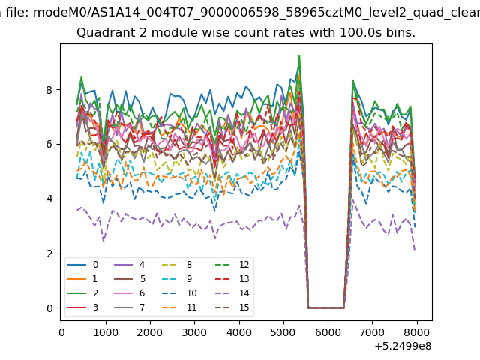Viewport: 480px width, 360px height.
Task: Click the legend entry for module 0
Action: pyautogui.click(x=82, y=265)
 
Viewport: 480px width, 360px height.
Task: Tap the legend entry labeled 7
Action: pyautogui.click(x=129, y=307)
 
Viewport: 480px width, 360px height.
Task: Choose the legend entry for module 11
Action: pyautogui.click(x=179, y=307)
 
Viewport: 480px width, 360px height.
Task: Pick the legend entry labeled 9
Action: pyautogui.click(x=177, y=278)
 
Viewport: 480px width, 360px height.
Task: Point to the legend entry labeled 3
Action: pyautogui.click(x=82, y=307)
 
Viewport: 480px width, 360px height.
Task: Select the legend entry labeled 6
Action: pyautogui.click(x=129, y=293)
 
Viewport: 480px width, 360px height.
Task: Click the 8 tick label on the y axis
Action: pyautogui.click(x=49, y=90)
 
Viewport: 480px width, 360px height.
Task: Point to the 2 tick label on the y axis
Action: pyautogui.click(x=49, y=253)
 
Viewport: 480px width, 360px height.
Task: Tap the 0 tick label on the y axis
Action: pyautogui.click(x=49, y=308)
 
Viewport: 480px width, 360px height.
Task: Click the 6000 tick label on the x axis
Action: pyautogui.click(x=328, y=332)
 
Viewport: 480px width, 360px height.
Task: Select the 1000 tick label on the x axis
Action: pyautogui.click(x=106, y=332)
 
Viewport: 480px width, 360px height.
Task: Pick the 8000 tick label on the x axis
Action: pyautogui.click(x=417, y=332)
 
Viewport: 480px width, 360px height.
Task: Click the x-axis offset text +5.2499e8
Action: pyautogui.click(x=403, y=346)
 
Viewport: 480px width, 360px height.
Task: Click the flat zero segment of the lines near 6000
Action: pyautogui.click(x=326, y=307)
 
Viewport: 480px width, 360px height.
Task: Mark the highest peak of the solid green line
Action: pyautogui.click(x=299, y=56)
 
